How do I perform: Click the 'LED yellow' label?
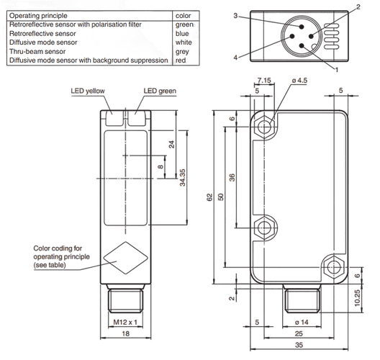pos(88,91)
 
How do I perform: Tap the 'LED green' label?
pos(160,91)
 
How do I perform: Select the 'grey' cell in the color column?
pos(182,51)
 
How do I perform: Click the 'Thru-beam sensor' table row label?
pos(37,51)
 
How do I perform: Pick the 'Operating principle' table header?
pos(38,16)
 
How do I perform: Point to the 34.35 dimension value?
pos(183,178)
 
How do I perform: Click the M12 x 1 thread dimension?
pos(125,322)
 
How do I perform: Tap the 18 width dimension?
pos(125,333)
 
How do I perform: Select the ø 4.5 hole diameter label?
pos(299,80)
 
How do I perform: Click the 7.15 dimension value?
pos(264,80)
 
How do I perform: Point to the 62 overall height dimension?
pos(209,197)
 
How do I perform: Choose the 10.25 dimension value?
pos(357,298)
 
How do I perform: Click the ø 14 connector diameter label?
pos(302,322)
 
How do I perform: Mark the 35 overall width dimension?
pos(299,345)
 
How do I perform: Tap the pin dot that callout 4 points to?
pos(292,37)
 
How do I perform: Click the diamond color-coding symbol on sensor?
pos(125,258)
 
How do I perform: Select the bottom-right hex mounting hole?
pos(334,267)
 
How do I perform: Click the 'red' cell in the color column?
pos(181,60)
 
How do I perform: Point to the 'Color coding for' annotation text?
pos(58,248)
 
